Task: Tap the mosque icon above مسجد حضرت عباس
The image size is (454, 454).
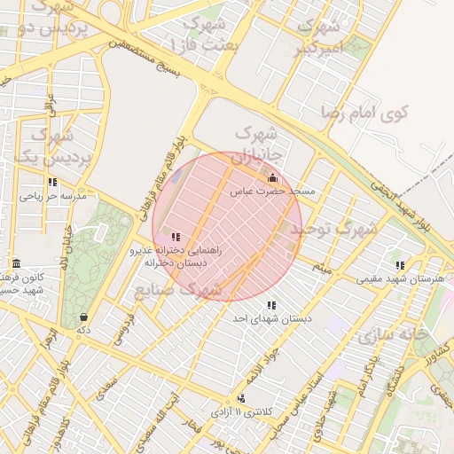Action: pyautogui.click(x=272, y=176)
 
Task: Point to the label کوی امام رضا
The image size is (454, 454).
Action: pyautogui.click(x=364, y=113)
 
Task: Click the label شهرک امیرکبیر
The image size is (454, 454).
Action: pyautogui.click(x=319, y=38)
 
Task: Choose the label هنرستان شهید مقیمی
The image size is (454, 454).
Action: pyautogui.click(x=400, y=278)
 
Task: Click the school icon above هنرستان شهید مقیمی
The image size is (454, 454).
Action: pyautogui.click(x=401, y=264)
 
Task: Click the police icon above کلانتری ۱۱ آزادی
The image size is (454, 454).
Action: pyautogui.click(x=242, y=399)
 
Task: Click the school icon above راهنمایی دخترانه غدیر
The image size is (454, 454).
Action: pyautogui.click(x=175, y=237)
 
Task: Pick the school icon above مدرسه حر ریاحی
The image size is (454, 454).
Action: pyautogui.click(x=53, y=182)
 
